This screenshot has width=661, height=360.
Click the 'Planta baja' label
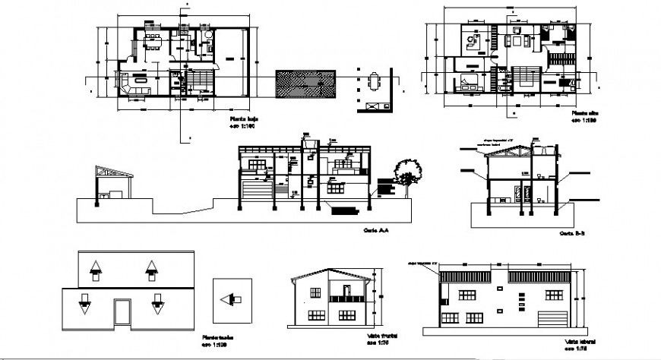point(243,120)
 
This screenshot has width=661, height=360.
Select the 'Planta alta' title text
point(584,112)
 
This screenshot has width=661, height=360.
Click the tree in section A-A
point(408,174)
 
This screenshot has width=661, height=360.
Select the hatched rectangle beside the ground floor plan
point(305,84)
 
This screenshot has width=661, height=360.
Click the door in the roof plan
point(122,311)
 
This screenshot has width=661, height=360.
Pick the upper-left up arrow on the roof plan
point(96,269)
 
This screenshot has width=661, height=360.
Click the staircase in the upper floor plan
point(524,77)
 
